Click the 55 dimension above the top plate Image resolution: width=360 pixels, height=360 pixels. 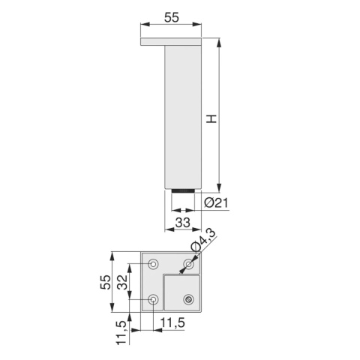click(x=172, y=17)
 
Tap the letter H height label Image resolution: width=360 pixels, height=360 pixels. click(x=211, y=119)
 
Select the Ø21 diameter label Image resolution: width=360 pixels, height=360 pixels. click(x=216, y=202)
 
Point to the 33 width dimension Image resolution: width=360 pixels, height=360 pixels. click(x=183, y=222)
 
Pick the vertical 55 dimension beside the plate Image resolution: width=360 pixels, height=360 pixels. click(x=106, y=282)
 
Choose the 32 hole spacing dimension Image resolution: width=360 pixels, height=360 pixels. click(x=122, y=282)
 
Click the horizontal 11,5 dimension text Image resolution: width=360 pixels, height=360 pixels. click(x=172, y=322)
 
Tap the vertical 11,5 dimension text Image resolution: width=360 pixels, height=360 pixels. click(x=122, y=332)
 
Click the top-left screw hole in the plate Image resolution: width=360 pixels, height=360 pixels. click(x=153, y=263)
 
